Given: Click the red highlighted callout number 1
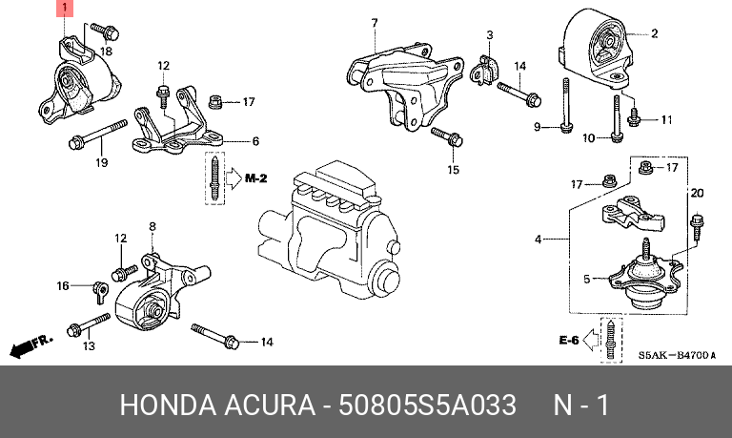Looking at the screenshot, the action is pos(65,8).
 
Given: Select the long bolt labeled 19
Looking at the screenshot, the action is pos(98,135).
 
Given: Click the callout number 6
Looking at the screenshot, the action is pos(255,140).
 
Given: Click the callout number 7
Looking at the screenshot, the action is pos(375,23).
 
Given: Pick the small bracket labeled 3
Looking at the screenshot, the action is pos(482,71).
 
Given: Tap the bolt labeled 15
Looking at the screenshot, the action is pos(447,136).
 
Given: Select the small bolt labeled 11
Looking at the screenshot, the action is pos(634,116).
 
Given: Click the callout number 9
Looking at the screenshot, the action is pos(538,127).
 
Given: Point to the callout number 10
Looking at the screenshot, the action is pos(589,138).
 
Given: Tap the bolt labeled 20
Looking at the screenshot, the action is pos(697,227).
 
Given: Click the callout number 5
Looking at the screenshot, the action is pos(587,279).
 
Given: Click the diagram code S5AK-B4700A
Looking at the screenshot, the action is pos(677,356).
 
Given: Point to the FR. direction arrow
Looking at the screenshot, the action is pos(31,345).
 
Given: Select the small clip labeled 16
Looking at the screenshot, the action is pos(101,292).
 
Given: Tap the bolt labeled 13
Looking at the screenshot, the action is pos(89,324).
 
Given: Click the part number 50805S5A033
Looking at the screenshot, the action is pos(427,405).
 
